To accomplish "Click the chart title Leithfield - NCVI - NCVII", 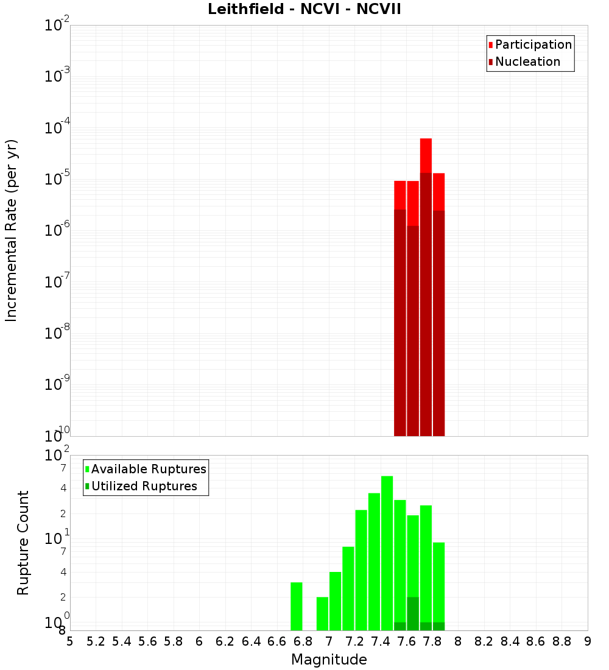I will point(304,10).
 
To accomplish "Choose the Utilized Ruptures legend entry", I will point(143,486).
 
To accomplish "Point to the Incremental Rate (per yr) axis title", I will point(12,230).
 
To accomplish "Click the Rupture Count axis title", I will point(23,543).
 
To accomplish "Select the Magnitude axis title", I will point(329,660).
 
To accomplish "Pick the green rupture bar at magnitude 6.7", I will point(297,606).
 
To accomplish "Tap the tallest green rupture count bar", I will point(387,553).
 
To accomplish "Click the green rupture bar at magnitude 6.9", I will point(322,613).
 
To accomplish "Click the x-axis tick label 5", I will point(70,641).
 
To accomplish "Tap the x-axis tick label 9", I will point(588,641).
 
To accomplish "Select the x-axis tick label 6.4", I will point(251,641).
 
